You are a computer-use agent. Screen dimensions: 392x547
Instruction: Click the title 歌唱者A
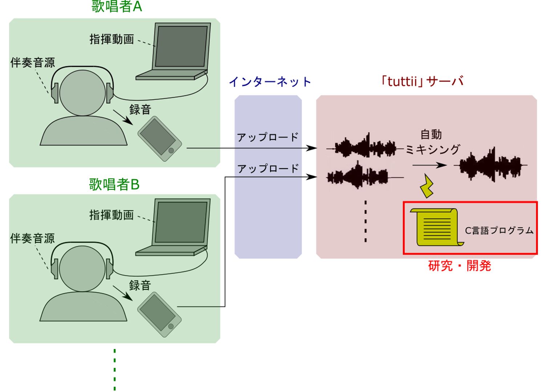[117, 7]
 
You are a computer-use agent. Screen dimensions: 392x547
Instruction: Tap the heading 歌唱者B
[114, 185]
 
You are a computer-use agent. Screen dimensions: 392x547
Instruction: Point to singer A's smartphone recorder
[159, 139]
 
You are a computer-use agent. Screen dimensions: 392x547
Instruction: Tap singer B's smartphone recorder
[159, 315]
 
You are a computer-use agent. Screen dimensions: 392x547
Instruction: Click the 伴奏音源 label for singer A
[33, 63]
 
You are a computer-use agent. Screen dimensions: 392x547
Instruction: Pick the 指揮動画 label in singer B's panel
[112, 215]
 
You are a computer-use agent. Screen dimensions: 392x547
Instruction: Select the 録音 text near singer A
[140, 109]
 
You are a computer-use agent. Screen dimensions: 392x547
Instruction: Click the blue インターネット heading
[270, 82]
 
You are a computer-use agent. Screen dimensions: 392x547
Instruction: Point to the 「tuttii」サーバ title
[422, 81]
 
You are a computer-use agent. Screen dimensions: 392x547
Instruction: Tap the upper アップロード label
[268, 137]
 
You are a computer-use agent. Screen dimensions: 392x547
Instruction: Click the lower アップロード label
[268, 169]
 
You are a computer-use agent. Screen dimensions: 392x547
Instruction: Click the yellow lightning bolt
[427, 186]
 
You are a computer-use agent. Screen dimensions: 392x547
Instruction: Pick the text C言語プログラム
[499, 231]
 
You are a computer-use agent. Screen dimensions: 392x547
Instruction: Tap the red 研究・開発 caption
[459, 266]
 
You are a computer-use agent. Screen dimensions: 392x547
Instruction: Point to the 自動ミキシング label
[432, 142]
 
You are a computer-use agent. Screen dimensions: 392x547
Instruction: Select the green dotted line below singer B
[115, 369]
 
